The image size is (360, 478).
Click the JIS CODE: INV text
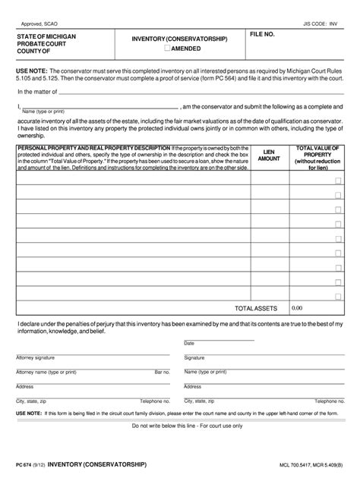319,24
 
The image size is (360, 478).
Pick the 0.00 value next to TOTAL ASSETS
297,308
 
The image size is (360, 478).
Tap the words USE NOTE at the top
31,68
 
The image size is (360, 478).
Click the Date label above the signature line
189,343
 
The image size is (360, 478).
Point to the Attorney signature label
35,357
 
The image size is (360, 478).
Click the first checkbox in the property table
338,181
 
